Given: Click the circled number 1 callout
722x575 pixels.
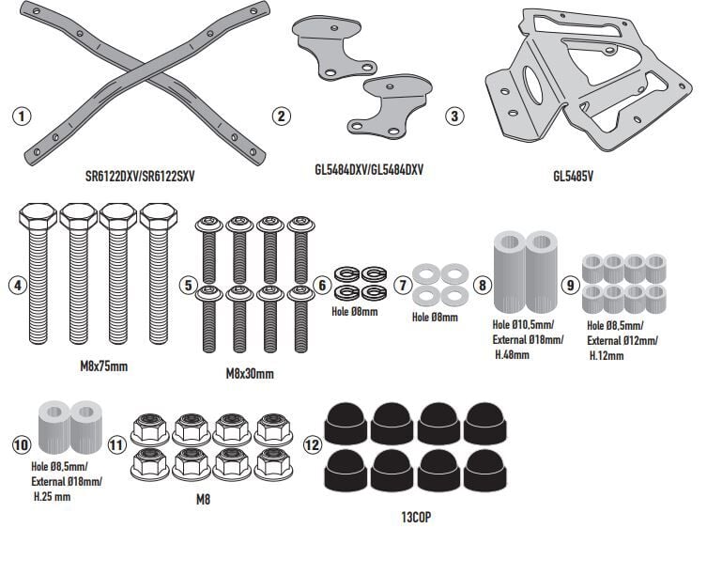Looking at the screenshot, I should pyautogui.click(x=23, y=117).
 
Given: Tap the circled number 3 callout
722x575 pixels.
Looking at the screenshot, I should pyautogui.click(x=454, y=117).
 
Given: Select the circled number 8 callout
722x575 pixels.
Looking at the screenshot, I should pyautogui.click(x=483, y=285).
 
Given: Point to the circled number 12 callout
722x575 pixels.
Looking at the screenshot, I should pyautogui.click(x=313, y=444).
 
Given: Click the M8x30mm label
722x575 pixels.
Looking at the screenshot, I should pyautogui.click(x=251, y=373).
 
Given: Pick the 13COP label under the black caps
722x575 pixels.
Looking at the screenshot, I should pyautogui.click(x=417, y=516).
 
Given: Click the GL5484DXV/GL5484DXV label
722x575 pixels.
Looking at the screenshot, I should pyautogui.click(x=368, y=170).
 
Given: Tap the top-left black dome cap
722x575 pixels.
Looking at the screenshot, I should pyautogui.click(x=346, y=425).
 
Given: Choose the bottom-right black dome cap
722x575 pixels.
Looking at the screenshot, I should pyautogui.click(x=484, y=471).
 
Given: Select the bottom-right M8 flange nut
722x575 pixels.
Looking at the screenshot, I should pyautogui.click(x=273, y=463).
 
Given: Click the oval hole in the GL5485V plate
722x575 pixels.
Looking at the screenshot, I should pyautogui.click(x=532, y=85).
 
